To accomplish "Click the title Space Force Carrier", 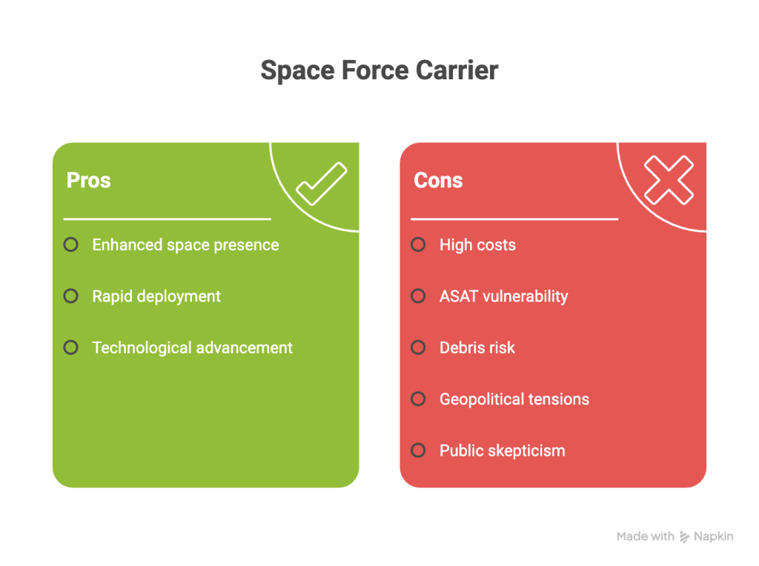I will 379,70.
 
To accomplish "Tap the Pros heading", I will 88,180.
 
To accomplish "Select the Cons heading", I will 438,180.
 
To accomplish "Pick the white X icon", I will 669,180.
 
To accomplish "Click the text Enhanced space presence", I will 185,245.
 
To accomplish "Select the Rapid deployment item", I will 156,296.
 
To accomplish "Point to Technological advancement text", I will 192,347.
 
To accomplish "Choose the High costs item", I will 477,245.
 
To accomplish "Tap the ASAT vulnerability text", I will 503,296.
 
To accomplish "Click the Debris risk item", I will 477,347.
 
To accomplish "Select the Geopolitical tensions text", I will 514,399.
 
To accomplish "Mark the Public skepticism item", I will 502,450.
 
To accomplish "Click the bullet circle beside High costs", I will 418,244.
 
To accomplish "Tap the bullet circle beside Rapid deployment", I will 70,296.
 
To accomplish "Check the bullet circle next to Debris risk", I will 418,347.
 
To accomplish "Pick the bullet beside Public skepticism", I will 418,450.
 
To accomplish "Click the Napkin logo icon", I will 685,536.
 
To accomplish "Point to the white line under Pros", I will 167,219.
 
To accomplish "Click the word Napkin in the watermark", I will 713,536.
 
